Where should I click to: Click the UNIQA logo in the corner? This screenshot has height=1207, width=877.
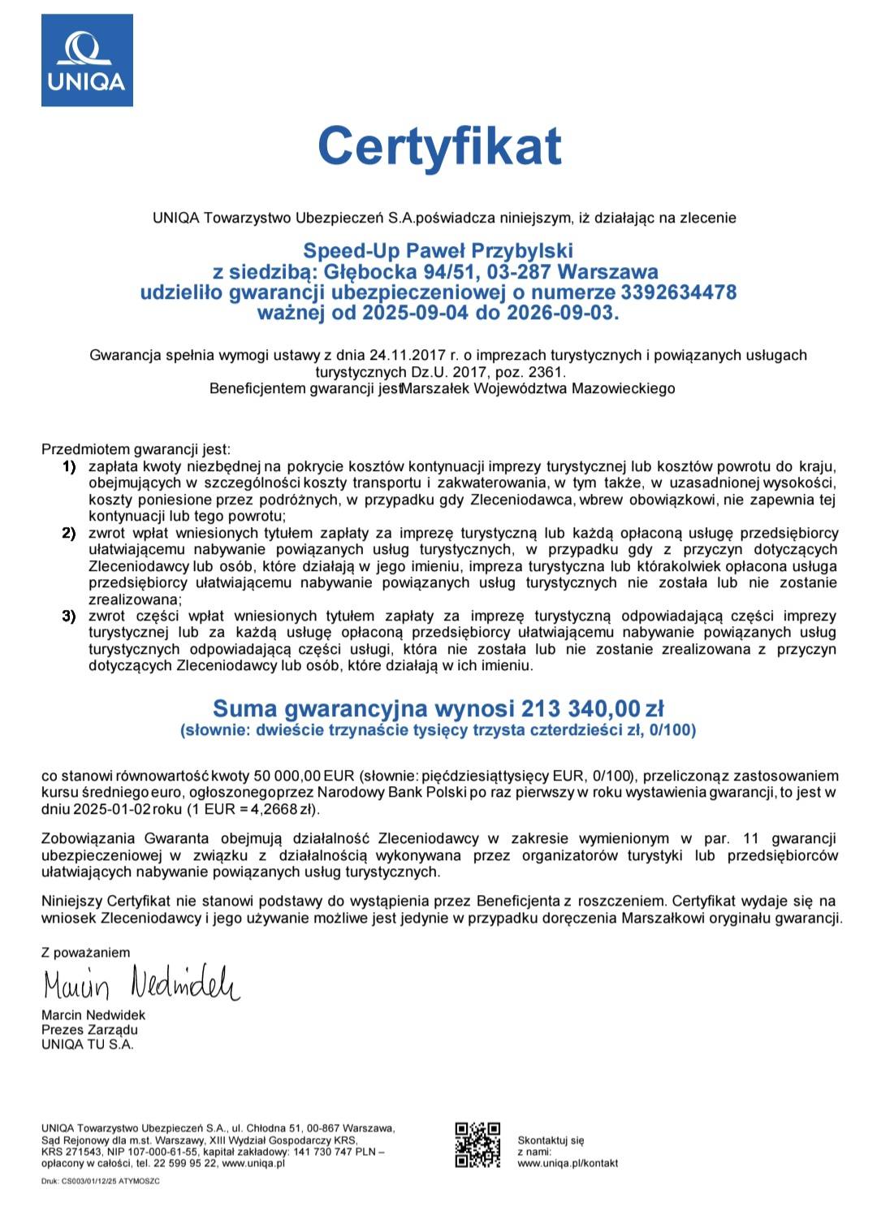coord(87,60)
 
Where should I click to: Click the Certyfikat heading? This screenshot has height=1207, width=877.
coord(438,146)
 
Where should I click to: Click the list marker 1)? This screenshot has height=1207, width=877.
coord(69,466)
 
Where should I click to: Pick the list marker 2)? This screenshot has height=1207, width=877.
coord(69,533)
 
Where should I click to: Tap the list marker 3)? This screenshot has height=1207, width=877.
coord(69,616)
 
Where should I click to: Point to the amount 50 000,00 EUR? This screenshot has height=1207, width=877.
coord(305,776)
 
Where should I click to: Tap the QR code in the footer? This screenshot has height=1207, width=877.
coord(477,1144)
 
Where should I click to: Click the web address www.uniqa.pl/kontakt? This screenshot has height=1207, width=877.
coord(567,1163)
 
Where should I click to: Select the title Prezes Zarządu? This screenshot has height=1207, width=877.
coord(89,1030)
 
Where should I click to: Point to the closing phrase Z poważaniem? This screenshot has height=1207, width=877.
coord(85,952)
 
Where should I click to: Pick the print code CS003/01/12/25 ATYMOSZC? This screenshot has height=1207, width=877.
coord(110,1181)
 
